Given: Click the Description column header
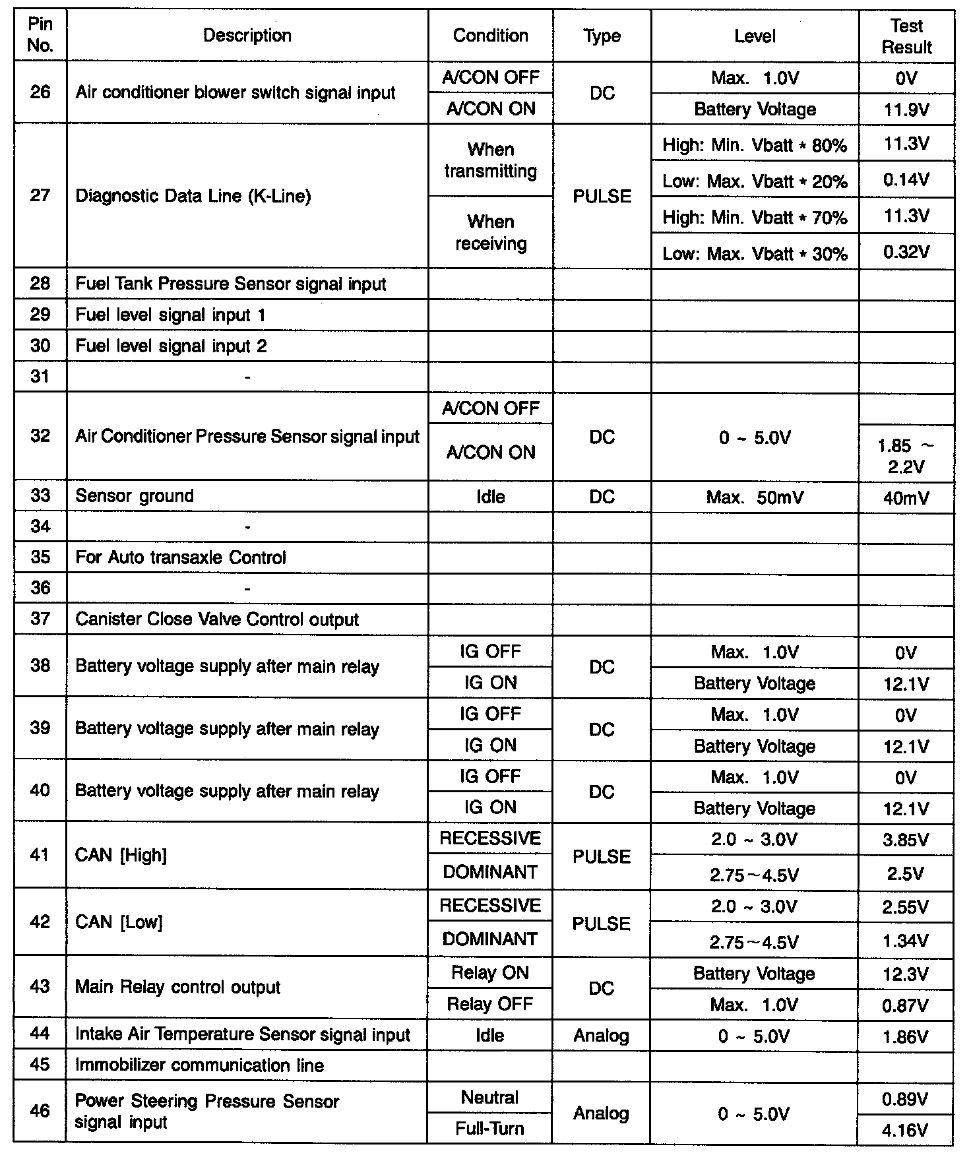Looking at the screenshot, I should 247,36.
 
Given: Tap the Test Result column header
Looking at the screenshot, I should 906,36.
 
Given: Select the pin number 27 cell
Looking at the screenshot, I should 40,196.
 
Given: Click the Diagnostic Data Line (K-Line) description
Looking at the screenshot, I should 193,196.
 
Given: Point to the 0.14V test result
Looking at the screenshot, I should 906,180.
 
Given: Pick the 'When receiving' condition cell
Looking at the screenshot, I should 491,233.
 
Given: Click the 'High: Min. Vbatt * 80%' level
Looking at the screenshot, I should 755,145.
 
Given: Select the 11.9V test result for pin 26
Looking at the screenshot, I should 906,110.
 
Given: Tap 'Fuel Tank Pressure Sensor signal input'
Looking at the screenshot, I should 231,284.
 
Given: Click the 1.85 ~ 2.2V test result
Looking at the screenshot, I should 906,456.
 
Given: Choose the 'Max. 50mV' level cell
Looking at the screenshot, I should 755,497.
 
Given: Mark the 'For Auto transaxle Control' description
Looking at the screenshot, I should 181,558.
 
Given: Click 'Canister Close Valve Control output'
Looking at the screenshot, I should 217,619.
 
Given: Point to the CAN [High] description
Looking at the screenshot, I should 121,856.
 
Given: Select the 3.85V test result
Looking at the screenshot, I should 906,840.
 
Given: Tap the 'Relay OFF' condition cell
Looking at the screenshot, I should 490,1004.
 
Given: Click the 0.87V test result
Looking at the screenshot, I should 906,1005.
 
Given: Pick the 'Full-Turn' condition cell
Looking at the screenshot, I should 490,1129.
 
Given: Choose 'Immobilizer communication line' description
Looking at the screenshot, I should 200,1065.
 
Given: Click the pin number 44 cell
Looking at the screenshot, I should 40,1034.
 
